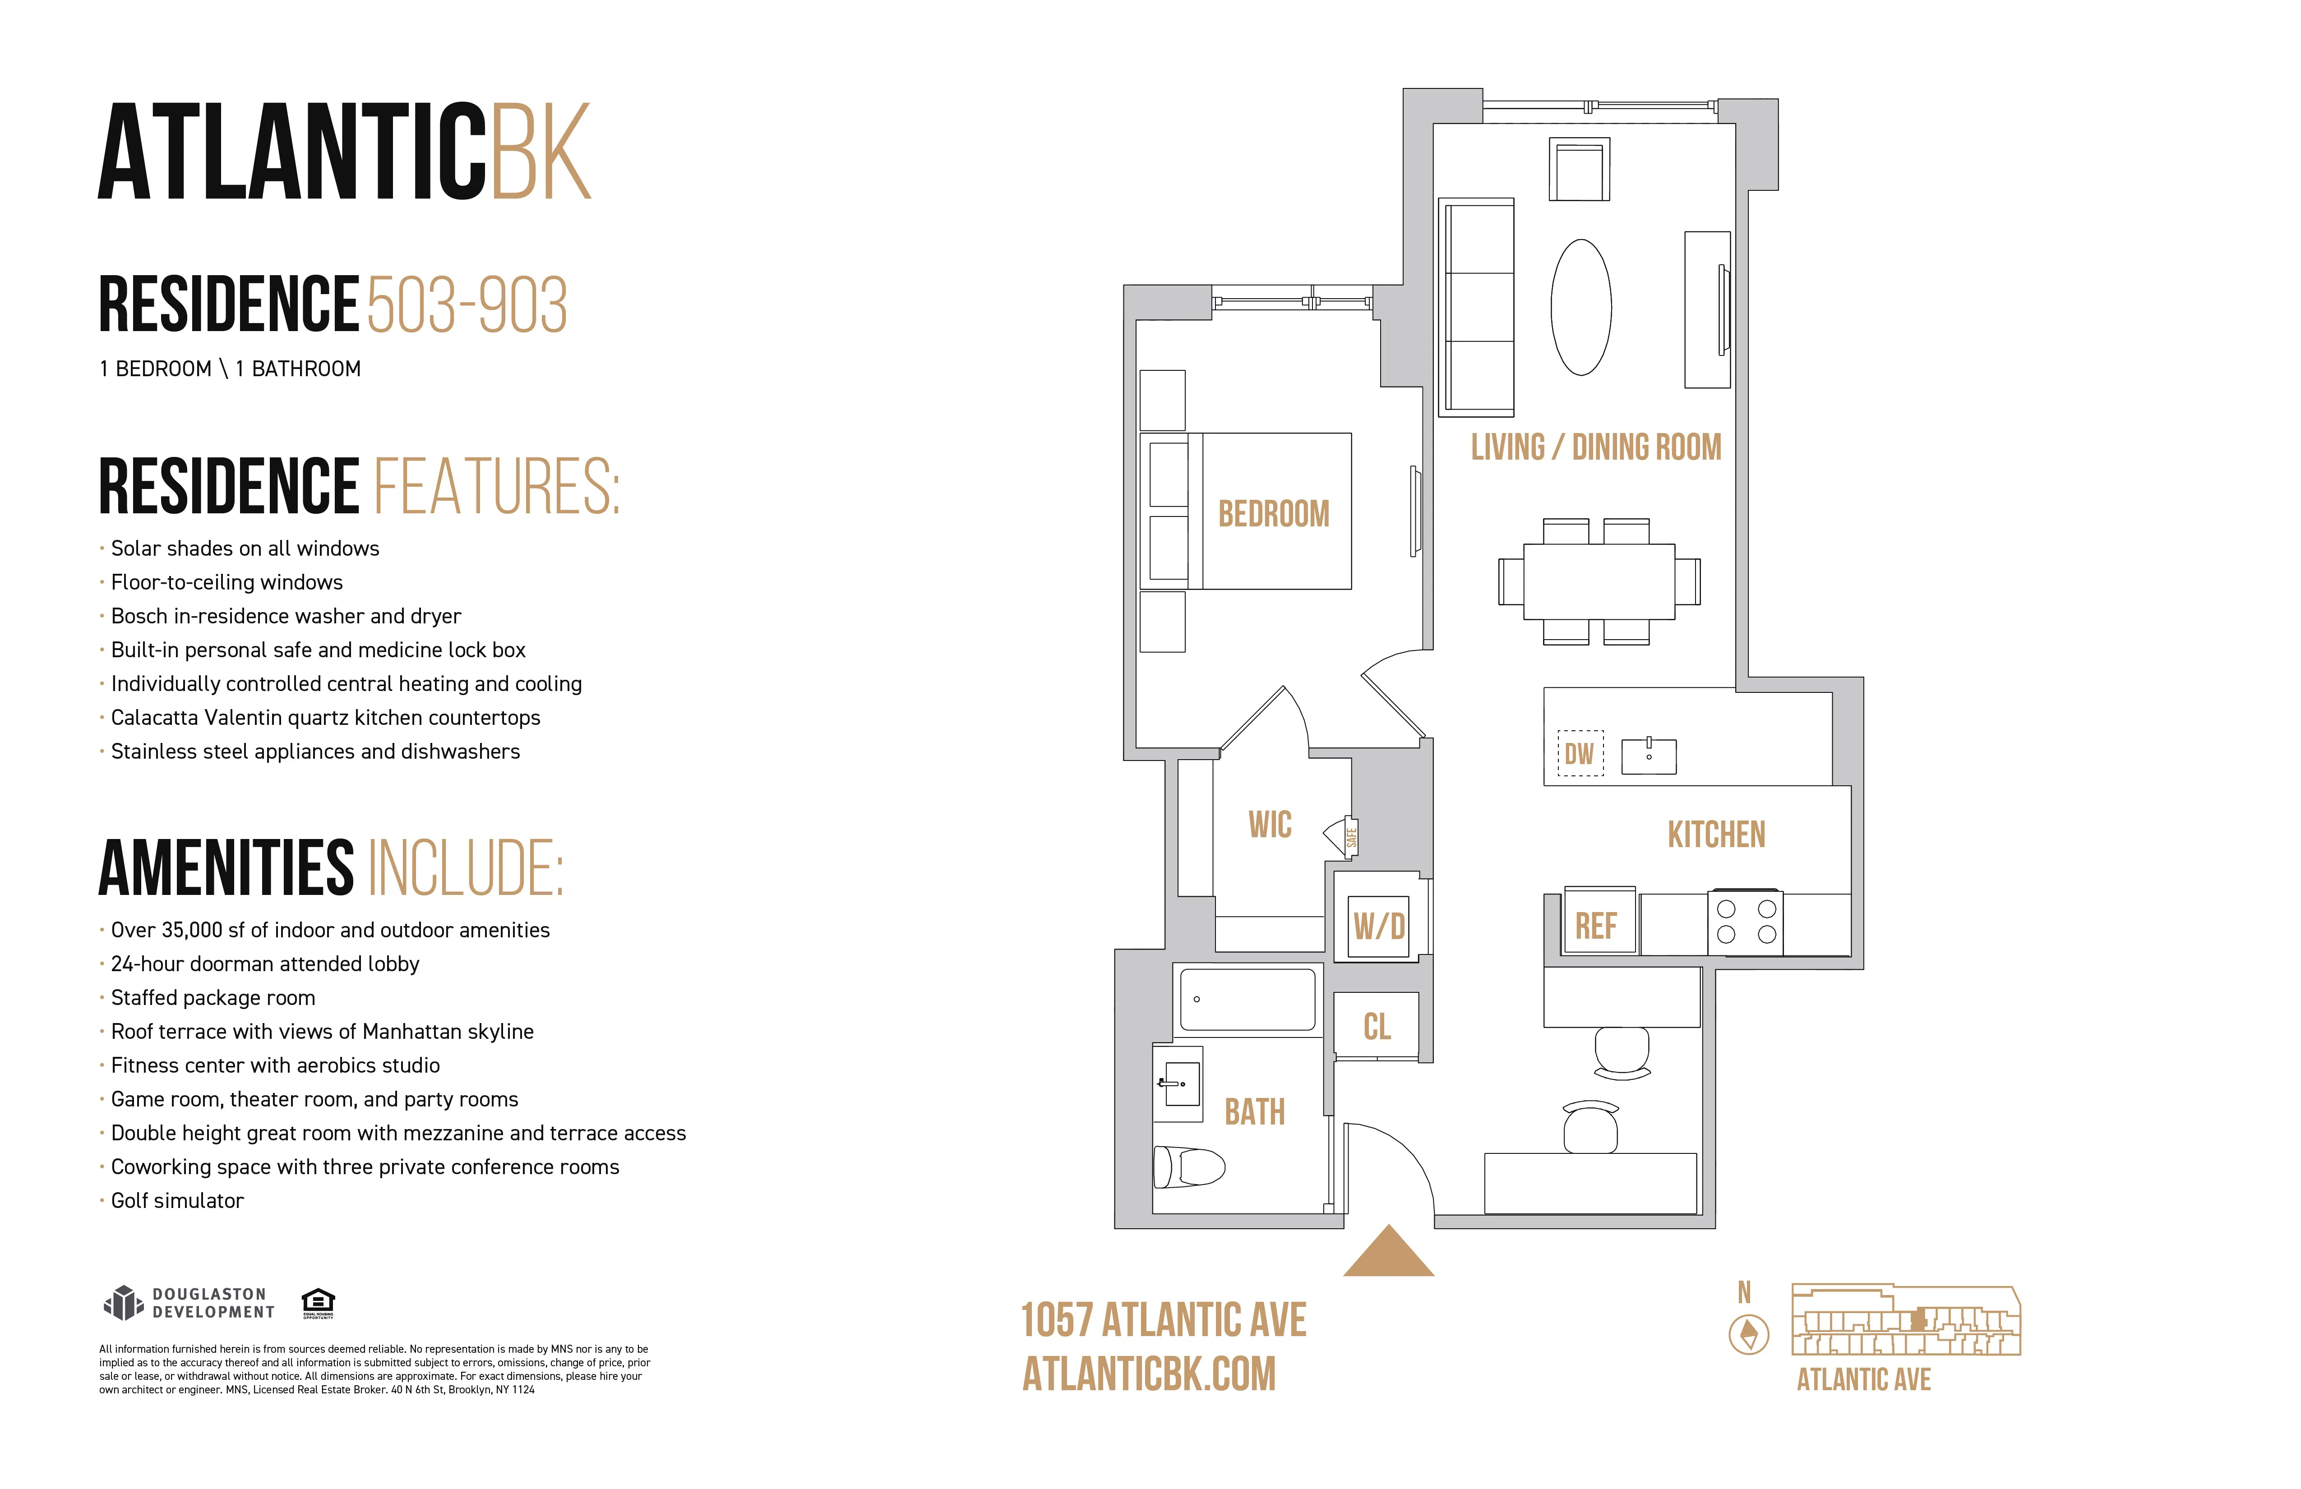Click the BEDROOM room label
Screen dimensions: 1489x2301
1273,513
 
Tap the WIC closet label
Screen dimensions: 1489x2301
1270,825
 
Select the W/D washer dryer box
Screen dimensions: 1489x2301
1379,926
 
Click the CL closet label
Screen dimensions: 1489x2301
1377,1026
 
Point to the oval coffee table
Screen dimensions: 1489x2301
1581,308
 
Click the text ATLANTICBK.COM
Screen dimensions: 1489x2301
1149,1374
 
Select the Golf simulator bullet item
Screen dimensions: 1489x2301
177,1201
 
